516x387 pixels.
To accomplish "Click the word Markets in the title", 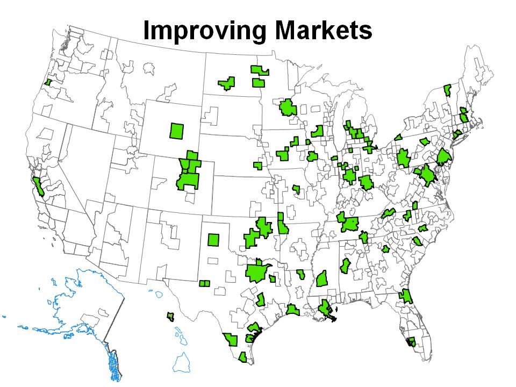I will pyautogui.click(x=321, y=31).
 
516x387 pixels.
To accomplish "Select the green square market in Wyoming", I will pyautogui.click(x=177, y=131).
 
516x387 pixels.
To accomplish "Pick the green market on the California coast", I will pyautogui.click(x=38, y=185).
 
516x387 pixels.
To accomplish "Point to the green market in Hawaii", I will pyautogui.click(x=171, y=317).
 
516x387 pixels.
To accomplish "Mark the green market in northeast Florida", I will pyautogui.click(x=405, y=296).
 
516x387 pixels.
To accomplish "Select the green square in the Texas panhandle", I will pyautogui.click(x=213, y=239).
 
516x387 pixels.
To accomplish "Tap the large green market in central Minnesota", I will pyautogui.click(x=288, y=108).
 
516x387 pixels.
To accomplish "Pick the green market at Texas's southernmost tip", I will pyautogui.click(x=243, y=357).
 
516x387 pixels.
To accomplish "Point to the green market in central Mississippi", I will pyautogui.click(x=322, y=278).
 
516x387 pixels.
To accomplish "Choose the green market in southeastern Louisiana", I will pyautogui.click(x=326, y=309).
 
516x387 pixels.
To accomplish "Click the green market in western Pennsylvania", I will pyautogui.click(x=403, y=159).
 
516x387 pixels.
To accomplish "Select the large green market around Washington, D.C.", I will pyautogui.click(x=428, y=175).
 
